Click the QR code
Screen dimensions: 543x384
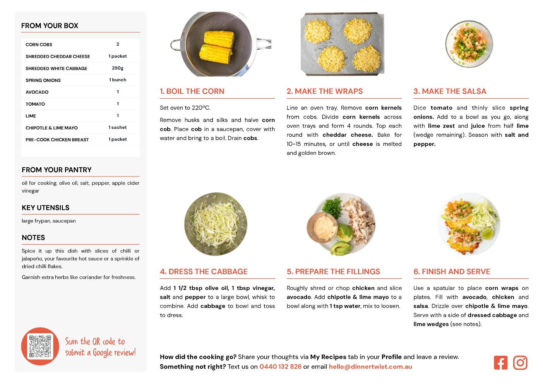click(40, 346)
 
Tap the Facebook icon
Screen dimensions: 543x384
click(500, 363)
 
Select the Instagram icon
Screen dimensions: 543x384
click(520, 363)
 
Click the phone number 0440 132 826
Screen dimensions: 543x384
click(281, 367)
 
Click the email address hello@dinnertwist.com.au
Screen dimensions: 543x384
click(370, 367)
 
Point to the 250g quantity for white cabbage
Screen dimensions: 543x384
click(118, 68)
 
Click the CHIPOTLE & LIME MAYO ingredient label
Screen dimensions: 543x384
click(51, 128)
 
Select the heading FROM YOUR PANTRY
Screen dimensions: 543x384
click(57, 170)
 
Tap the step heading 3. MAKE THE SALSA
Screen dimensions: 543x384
click(450, 91)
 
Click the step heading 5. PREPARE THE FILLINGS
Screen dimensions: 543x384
click(333, 271)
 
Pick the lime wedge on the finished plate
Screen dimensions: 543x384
click(487, 233)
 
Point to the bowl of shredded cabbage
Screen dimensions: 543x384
click(216, 224)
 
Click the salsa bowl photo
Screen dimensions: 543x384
click(469, 44)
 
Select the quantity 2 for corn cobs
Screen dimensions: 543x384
click(118, 44)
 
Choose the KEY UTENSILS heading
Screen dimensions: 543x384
click(46, 208)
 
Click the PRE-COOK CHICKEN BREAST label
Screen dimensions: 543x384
click(57, 140)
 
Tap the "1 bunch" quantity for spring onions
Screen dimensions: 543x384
click(118, 80)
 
